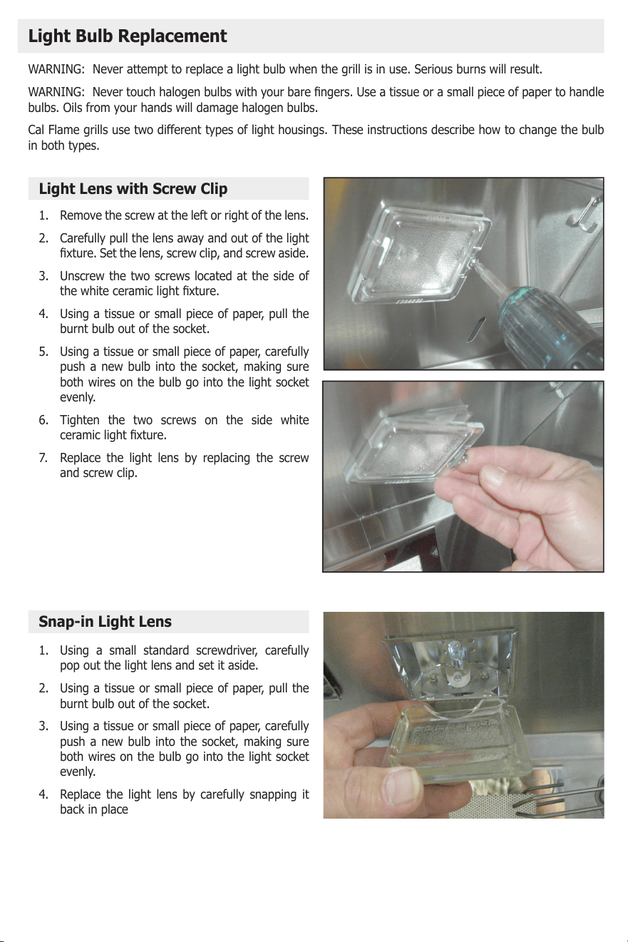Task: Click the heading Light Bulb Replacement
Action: pyautogui.click(x=128, y=36)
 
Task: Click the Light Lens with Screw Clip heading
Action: pyautogui.click(x=133, y=189)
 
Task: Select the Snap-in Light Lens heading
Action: pyautogui.click(x=105, y=622)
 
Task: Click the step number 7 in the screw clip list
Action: pyautogui.click(x=43, y=458)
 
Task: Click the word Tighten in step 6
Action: pyautogui.click(x=79, y=420)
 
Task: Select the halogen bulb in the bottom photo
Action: pyautogui.click(x=453, y=655)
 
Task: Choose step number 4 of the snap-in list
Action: pyautogui.click(x=43, y=794)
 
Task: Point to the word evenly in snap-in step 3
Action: pyautogui.click(x=78, y=772)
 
